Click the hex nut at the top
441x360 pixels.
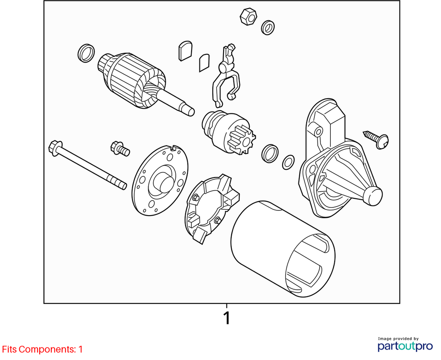coord(248,17)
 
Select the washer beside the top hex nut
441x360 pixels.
coord(268,28)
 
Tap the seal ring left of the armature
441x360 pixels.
coord(86,53)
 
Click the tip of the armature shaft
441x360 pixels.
coord(191,112)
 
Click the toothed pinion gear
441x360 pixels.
coord(241,140)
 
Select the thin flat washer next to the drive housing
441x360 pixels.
coord(288,163)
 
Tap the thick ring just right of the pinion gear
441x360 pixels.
coord(270,153)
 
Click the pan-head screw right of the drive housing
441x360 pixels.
coord(377,140)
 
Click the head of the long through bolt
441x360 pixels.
coord(56,147)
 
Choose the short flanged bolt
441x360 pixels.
coord(120,148)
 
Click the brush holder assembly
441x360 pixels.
coord(211,208)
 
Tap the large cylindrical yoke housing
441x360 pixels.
coord(283,249)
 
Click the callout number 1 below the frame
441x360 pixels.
coord(227,318)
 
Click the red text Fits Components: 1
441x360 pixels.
coord(43,349)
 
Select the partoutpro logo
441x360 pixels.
coord(405,346)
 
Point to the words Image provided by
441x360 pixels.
coord(398,338)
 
